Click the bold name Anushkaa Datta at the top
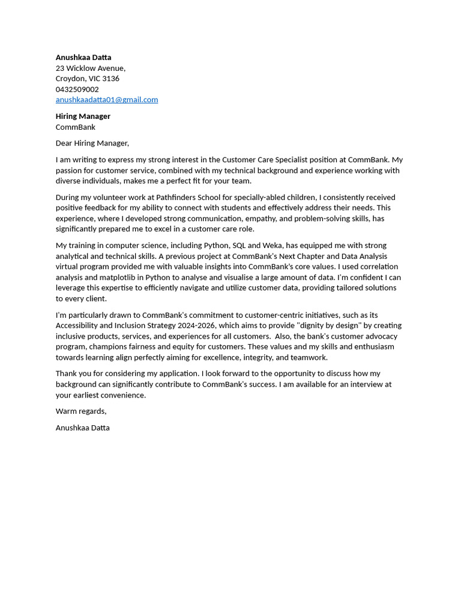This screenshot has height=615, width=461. point(83,58)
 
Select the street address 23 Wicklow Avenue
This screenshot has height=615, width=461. point(90,68)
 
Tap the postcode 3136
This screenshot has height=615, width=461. point(110,79)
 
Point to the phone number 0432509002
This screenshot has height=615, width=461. point(77,89)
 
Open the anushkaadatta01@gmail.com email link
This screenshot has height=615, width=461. point(107,100)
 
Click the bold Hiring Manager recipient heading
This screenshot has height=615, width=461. point(83,117)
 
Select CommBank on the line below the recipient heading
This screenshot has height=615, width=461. point(76,127)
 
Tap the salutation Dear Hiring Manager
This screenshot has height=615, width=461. point(92,144)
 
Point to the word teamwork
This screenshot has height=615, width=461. point(309,357)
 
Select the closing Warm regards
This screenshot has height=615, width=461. point(80,411)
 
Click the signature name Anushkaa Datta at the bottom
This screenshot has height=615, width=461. point(83,428)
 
